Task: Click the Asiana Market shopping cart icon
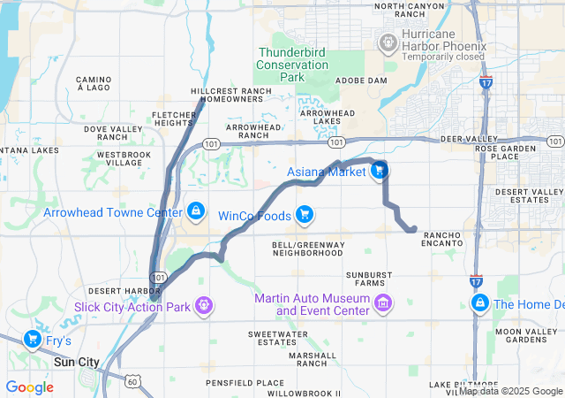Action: point(380,172)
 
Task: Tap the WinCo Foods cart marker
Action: point(305,214)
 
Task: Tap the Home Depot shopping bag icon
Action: point(479,304)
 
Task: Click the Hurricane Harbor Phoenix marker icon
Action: point(388,42)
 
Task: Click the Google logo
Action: point(29,387)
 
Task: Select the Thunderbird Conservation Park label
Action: point(291,65)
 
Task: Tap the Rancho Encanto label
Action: point(442,238)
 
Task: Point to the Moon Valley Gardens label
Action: point(526,337)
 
